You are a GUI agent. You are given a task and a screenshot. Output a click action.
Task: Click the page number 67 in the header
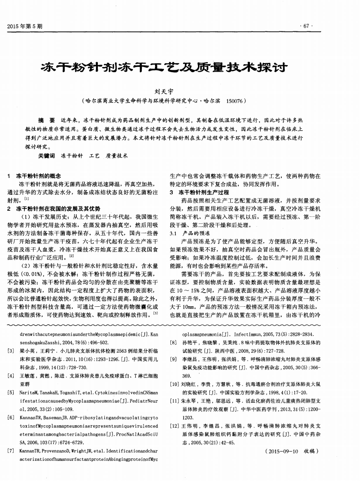[x=306, y=26]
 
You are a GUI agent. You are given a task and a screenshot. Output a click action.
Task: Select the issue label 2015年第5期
[x=25, y=26]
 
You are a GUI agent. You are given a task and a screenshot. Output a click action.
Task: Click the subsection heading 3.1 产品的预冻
[x=190, y=233]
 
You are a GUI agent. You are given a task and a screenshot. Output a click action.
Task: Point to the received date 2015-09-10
[x=281, y=451]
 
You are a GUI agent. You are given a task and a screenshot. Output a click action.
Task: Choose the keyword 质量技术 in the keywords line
[x=117, y=155]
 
